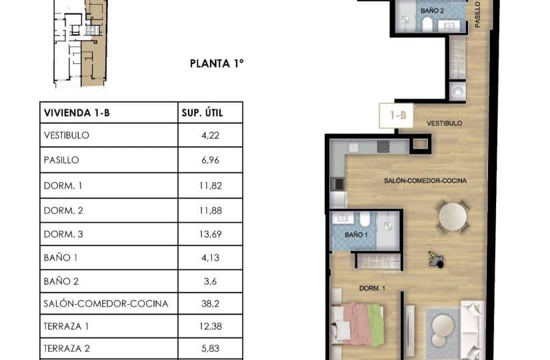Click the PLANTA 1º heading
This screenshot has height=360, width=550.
[217, 64]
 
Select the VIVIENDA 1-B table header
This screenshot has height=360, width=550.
[77, 113]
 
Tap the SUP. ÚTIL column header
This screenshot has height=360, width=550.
[202, 113]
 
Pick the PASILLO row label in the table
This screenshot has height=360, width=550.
[61, 160]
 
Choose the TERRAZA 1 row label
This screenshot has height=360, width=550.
[67, 327]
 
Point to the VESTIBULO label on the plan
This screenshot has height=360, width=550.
[444, 123]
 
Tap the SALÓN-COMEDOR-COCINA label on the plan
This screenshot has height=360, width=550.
[425, 181]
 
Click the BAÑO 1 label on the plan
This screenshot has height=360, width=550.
[355, 235]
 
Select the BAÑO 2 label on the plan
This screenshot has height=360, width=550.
[432, 11]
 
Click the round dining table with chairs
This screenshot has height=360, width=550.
[453, 217]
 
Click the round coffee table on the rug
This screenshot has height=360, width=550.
[443, 328]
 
